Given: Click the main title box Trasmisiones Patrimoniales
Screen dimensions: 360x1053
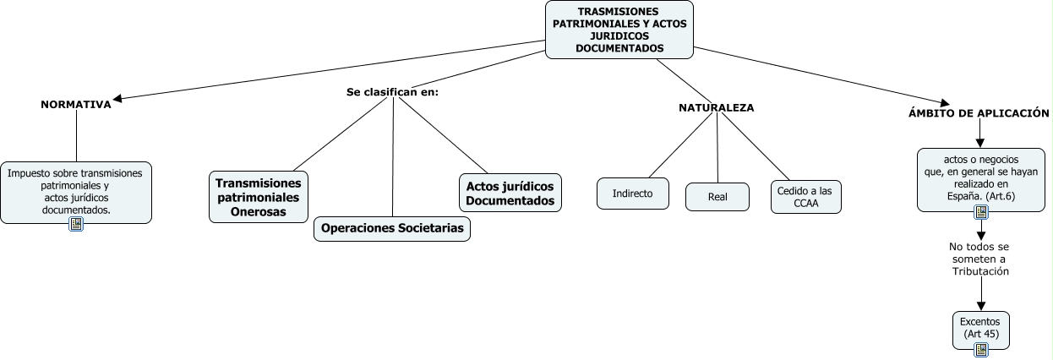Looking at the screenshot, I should (619, 30).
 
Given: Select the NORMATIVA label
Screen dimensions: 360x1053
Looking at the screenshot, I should (76, 105).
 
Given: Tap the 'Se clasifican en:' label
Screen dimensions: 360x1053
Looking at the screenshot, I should (392, 91).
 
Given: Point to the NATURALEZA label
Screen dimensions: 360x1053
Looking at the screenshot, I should (717, 107).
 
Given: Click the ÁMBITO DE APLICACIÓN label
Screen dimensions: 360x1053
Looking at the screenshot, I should (979, 112).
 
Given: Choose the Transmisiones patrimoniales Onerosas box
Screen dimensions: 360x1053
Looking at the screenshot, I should (259, 197).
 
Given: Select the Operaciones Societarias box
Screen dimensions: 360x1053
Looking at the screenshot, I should (393, 229).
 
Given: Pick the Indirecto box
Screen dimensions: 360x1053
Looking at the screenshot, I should (632, 194).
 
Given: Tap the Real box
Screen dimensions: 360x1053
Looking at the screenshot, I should (717, 197).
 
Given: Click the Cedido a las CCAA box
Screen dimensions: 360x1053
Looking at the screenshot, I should (805, 197).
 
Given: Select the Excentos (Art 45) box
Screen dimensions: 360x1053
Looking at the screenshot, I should (980, 328).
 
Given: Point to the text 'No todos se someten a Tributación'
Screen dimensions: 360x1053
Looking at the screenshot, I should (979, 259).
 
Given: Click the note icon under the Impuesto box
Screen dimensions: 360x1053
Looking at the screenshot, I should (76, 224).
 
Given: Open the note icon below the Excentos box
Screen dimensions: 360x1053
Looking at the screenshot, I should (980, 349).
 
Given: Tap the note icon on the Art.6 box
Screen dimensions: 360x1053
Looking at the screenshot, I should (980, 212).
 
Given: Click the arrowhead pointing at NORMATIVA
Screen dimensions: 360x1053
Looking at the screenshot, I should (117, 99).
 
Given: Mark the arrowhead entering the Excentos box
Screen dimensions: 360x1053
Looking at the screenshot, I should (981, 307).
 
